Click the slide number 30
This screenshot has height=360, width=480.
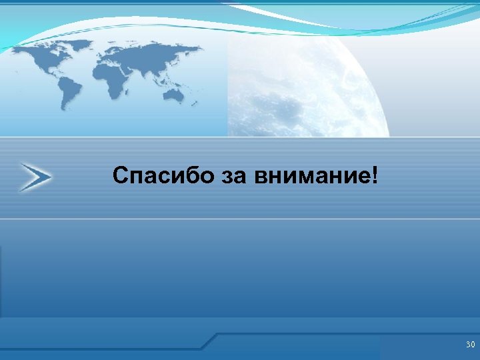470,345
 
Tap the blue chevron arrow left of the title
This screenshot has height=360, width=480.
35,177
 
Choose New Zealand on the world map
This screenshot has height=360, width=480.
195,103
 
